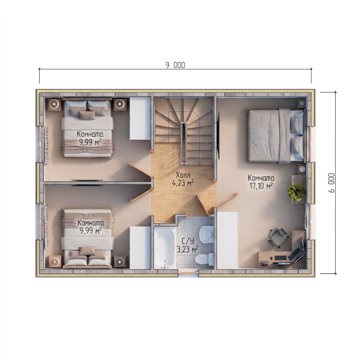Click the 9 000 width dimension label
[x=175, y=65]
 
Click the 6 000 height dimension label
[x=332, y=183]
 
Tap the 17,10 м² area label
[x=261, y=186]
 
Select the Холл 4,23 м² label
[x=183, y=179]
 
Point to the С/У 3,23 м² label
[x=188, y=245]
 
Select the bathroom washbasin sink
[x=206, y=234]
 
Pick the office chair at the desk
[x=278, y=237]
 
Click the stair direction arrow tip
[x=199, y=164]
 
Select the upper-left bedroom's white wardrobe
[x=140, y=118]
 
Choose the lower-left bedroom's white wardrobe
[x=140, y=247]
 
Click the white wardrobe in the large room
[x=227, y=240]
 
